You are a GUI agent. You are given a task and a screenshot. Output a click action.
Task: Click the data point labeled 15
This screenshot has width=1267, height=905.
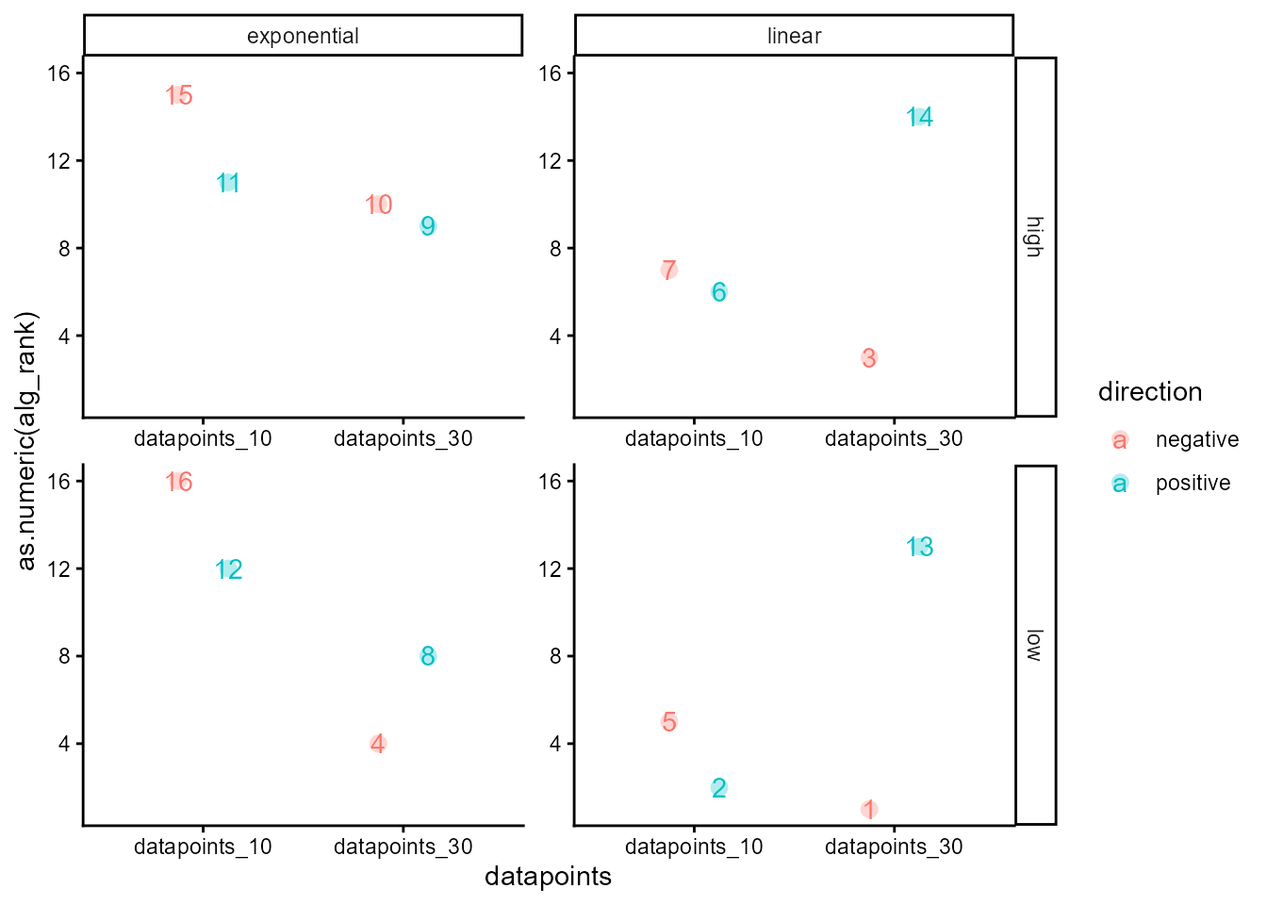tap(179, 95)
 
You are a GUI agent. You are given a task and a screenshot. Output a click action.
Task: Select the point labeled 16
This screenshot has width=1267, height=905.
tap(179, 482)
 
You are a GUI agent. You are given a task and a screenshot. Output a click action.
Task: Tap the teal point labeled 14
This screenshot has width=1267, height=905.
tap(919, 117)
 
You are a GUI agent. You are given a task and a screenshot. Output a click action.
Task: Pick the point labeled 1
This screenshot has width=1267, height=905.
tap(869, 809)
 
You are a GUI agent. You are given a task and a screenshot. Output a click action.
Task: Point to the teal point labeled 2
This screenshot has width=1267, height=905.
tap(719, 787)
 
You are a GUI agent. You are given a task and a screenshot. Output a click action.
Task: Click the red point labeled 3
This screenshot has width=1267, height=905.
tap(869, 358)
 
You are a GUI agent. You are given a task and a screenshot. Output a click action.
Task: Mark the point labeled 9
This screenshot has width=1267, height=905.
tap(428, 226)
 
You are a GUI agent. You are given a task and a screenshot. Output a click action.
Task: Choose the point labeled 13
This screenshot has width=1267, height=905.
tap(919, 547)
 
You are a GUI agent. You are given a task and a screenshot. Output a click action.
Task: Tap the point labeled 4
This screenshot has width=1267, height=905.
tap(378, 744)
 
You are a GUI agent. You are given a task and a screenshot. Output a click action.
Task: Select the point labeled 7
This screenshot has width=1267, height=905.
tap(669, 271)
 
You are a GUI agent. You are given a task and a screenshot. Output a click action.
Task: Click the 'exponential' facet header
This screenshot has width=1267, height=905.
tap(303, 36)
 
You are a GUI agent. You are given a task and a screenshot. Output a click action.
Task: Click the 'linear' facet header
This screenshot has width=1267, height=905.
tap(794, 36)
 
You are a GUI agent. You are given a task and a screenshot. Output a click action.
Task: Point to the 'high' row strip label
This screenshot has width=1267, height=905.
tap(1034, 237)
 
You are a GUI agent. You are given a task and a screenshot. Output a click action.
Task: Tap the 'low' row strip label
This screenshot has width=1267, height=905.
tap(1034, 645)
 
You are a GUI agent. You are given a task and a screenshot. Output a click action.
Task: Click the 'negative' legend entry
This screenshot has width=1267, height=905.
tap(1196, 440)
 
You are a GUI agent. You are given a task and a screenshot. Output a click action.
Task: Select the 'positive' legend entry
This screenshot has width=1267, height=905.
tap(1193, 484)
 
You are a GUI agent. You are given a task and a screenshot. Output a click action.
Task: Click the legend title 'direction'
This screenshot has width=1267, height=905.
tap(1150, 392)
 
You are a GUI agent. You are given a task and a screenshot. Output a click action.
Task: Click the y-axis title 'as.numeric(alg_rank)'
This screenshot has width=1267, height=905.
tap(26, 441)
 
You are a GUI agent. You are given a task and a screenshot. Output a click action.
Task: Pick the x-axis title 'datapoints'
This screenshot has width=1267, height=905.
tap(548, 877)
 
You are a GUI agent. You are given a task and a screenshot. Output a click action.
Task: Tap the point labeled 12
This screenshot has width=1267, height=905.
tap(229, 569)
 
